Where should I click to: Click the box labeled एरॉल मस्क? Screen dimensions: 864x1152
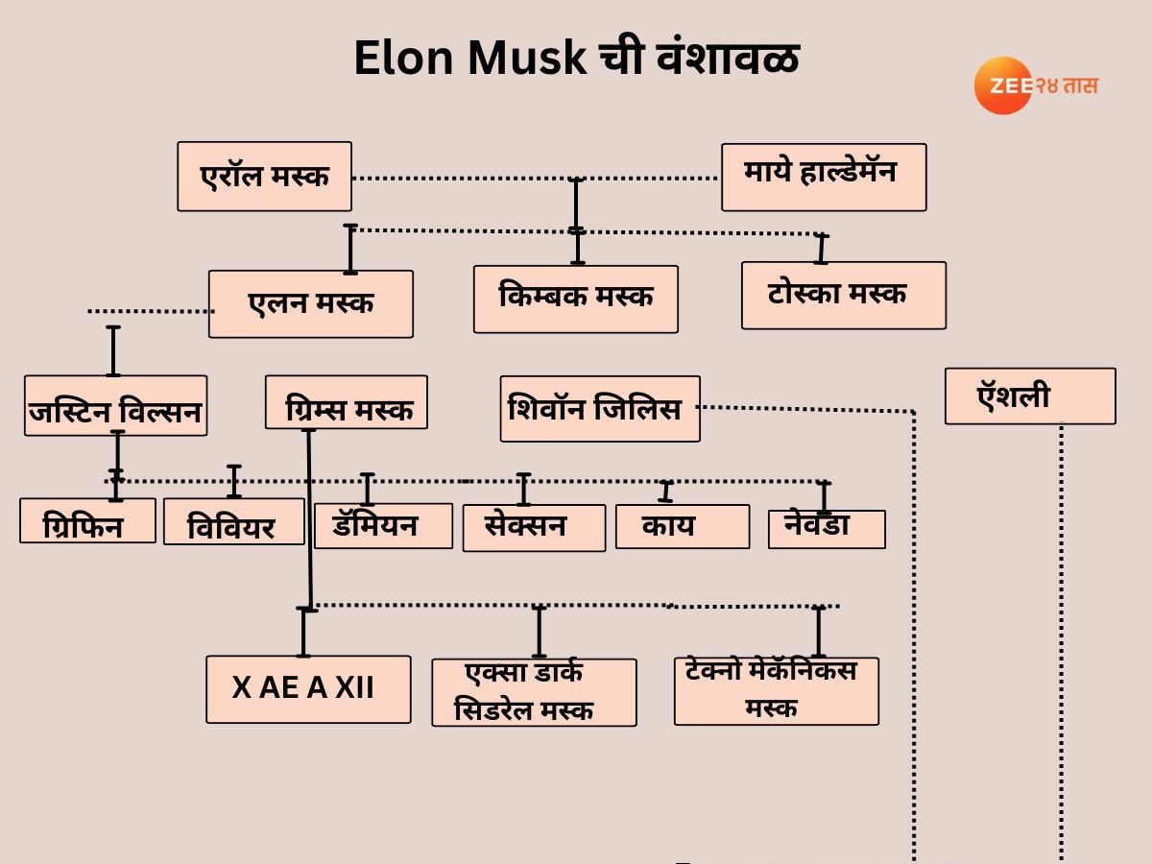point(264,177)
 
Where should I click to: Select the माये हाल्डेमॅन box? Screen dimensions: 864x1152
point(824,177)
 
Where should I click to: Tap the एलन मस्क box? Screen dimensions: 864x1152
point(311,303)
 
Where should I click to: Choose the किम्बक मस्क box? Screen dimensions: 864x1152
point(576,299)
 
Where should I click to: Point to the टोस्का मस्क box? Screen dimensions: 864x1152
point(843,296)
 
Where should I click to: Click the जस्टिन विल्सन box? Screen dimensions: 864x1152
point(115,406)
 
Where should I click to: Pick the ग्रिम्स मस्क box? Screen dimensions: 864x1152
point(347,402)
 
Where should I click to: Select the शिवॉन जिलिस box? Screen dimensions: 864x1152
point(600,409)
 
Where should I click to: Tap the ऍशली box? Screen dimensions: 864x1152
point(1030,396)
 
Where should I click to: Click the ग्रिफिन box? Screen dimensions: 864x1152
point(87,520)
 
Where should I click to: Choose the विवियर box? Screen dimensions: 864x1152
point(233,521)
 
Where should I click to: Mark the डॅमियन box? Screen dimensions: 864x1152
point(383,525)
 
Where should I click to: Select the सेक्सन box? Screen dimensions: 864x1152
point(534,528)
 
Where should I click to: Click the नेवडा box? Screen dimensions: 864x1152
point(827,529)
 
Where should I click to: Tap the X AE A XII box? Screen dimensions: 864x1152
point(308,689)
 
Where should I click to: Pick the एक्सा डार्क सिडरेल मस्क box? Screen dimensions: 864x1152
point(534,692)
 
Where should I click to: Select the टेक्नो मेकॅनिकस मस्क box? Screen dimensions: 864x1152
point(776,691)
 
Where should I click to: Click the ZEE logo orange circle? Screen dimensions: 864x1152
point(1002,85)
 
